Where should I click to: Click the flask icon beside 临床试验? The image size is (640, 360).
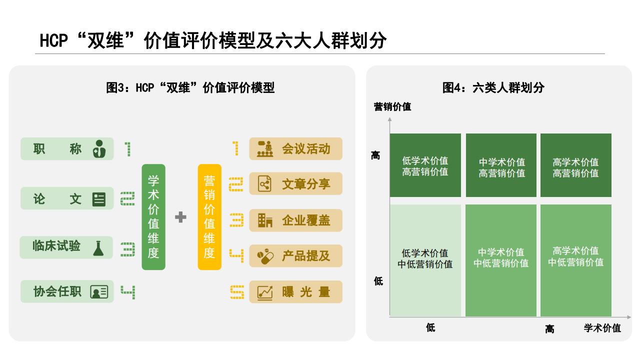click(98, 248)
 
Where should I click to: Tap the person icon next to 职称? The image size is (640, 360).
click(99, 149)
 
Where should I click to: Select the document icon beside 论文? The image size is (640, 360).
click(99, 199)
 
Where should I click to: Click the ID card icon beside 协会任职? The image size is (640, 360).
click(99, 291)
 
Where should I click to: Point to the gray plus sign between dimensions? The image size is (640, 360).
click(180, 217)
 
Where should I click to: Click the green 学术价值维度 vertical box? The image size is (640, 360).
click(153, 217)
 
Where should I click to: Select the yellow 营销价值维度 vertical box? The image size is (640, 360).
click(209, 217)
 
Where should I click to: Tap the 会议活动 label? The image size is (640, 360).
click(306, 149)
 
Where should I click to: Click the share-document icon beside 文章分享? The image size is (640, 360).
click(264, 183)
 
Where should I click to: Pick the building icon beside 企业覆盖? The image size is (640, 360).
click(265, 220)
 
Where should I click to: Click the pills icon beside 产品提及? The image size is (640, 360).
click(265, 256)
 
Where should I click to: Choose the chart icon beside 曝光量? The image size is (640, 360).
click(265, 292)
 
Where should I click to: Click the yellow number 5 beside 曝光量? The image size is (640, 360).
click(237, 292)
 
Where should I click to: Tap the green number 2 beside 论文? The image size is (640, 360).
click(127, 198)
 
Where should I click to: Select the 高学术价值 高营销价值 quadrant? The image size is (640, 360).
click(575, 165)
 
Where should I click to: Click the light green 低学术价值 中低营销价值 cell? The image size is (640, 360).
click(425, 260)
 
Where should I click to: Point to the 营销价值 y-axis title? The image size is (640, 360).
click(392, 106)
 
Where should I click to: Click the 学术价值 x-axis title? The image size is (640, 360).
click(602, 328)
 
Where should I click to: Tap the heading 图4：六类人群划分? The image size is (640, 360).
click(493, 87)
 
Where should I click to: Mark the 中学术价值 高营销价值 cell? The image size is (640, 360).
click(501, 165)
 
